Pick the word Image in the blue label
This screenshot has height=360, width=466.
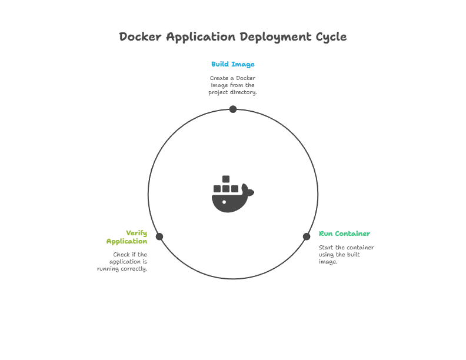coord(242,65)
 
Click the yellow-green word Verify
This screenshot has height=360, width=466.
coord(137,232)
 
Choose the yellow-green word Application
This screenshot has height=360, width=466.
coord(127,241)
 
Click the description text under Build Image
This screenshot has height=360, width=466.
coord(233,86)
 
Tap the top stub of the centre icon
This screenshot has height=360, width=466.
coord(227,178)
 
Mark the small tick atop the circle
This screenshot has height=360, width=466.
coord(233,105)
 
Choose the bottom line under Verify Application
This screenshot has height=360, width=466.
coord(122,270)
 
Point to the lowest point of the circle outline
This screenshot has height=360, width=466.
coord(233,278)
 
